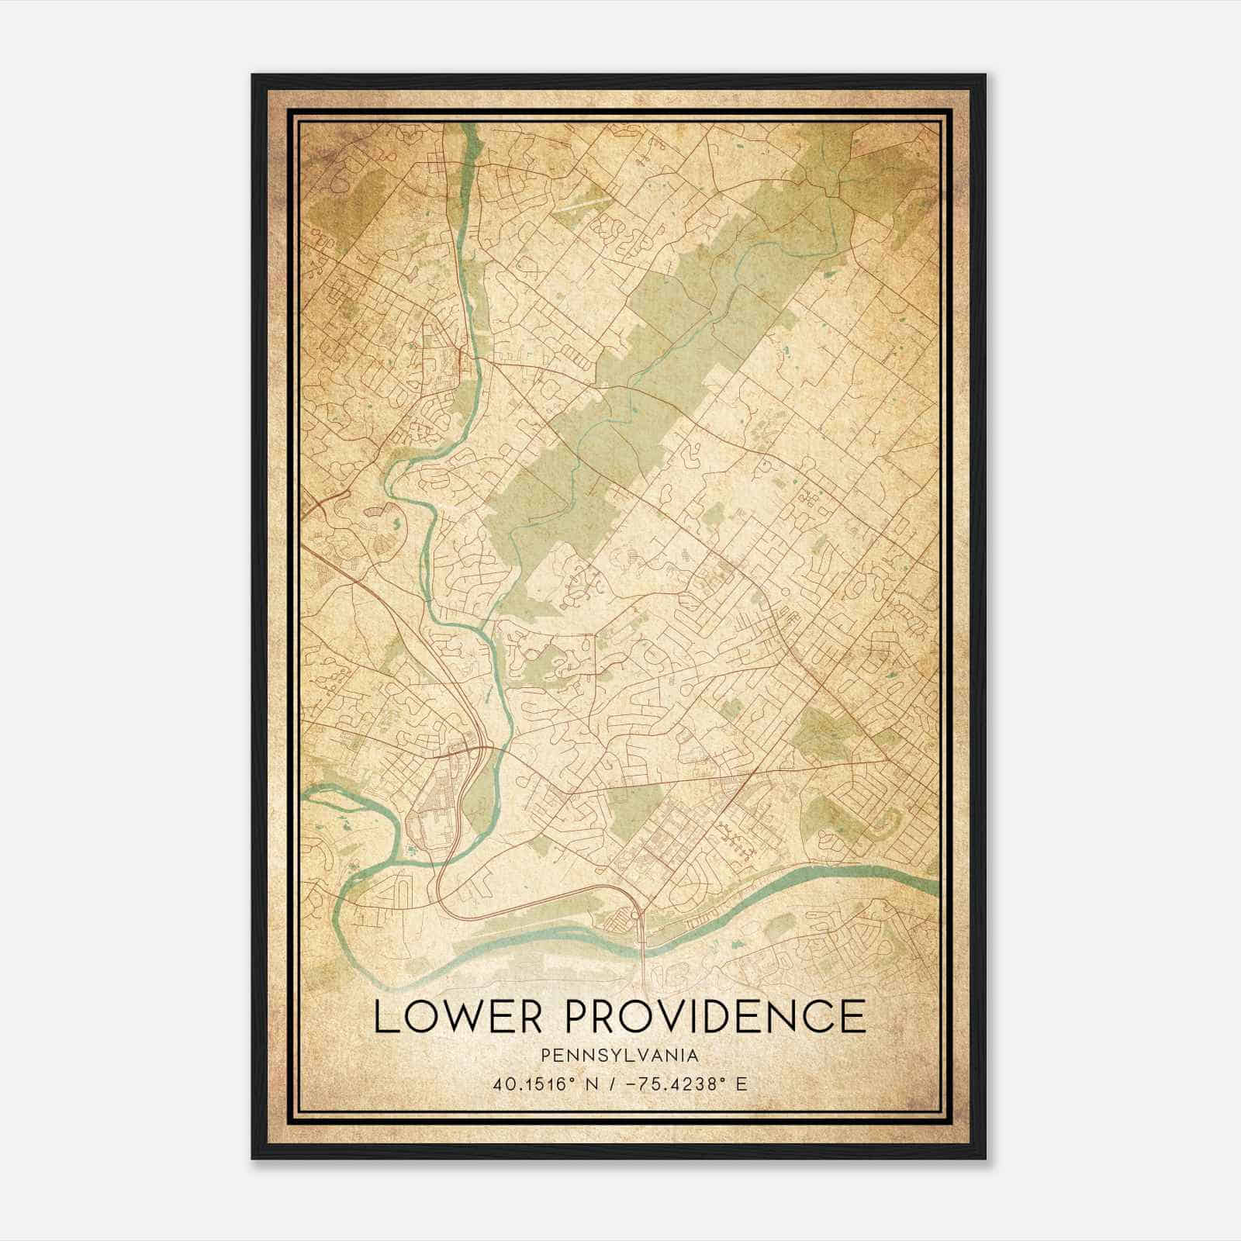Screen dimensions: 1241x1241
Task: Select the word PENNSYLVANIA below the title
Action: (620, 1056)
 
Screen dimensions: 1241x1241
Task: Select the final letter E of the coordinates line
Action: (742, 1084)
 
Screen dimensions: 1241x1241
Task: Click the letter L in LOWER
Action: (384, 1017)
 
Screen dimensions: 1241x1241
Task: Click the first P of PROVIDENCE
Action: (579, 1017)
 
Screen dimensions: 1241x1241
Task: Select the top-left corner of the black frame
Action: (253, 75)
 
